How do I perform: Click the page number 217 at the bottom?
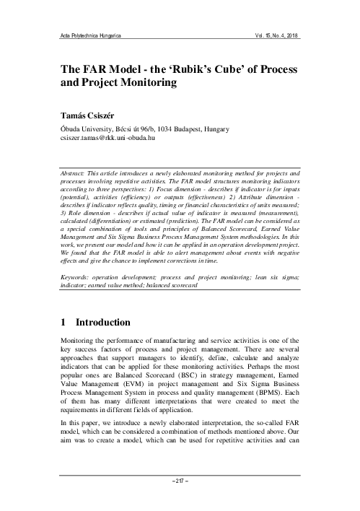coord(180,499)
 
